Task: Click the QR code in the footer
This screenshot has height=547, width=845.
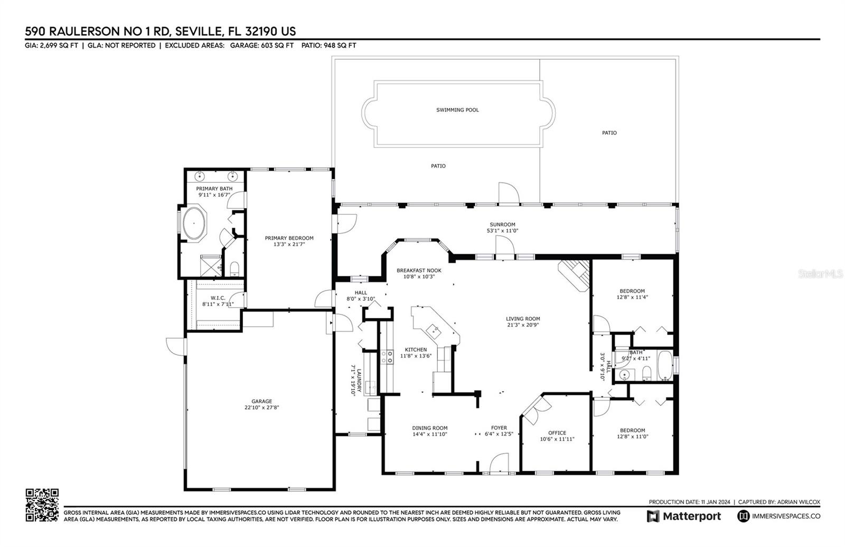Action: (42, 505)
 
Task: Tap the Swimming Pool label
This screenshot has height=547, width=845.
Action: (457, 110)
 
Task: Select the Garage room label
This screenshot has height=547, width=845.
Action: (262, 401)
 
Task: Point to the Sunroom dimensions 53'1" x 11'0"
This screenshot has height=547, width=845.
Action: (502, 230)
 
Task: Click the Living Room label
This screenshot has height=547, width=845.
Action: (523, 319)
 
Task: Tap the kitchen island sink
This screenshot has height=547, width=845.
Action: (434, 331)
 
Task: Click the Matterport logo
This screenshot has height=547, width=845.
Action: (684, 516)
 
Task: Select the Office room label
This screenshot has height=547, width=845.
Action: (557, 433)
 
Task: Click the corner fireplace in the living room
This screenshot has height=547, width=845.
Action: (574, 275)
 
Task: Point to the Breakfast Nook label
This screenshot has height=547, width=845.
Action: (419, 270)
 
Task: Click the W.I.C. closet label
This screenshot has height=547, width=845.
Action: (218, 298)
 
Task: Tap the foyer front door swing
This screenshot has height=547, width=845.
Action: (499, 462)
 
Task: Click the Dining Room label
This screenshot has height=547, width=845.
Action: (430, 428)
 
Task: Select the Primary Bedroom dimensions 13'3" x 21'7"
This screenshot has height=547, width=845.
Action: (289, 244)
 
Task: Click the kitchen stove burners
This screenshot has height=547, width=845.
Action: (387, 357)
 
